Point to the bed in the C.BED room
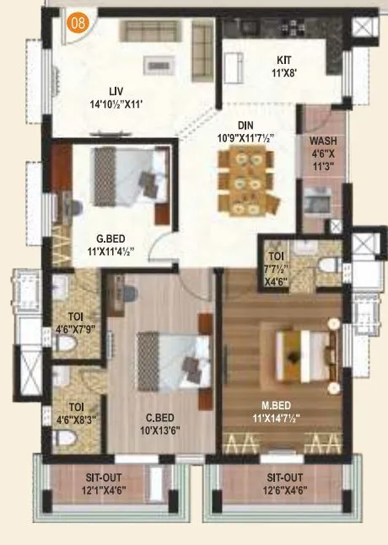pos(174,357)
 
